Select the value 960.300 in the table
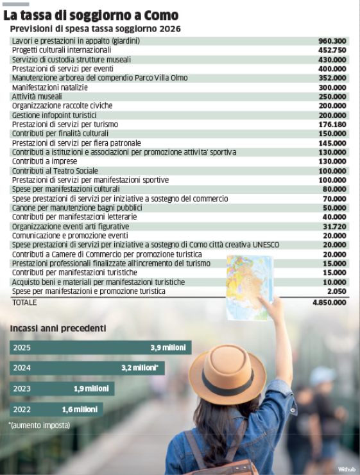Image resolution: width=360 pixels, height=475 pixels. point(332,40)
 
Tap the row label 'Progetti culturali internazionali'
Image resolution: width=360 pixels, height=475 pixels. point(62,50)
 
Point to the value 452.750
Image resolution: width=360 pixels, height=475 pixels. point(332,50)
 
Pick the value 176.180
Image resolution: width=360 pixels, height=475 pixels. point(332,125)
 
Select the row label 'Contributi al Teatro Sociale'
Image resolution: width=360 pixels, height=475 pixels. point(55,171)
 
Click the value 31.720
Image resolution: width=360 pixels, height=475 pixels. point(334,227)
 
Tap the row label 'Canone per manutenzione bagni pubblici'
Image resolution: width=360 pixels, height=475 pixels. point(76,208)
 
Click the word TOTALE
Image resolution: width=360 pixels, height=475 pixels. point(24,302)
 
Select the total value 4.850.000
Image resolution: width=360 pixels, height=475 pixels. point(329,302)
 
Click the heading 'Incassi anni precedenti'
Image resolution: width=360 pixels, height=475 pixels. point(58,329)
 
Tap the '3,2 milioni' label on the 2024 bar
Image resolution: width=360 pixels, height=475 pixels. point(140,368)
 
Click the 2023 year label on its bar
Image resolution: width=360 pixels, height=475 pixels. point(21,389)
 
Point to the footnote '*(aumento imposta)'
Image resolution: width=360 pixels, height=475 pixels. point(39,425)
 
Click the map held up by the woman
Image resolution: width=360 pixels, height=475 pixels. point(249,286)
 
